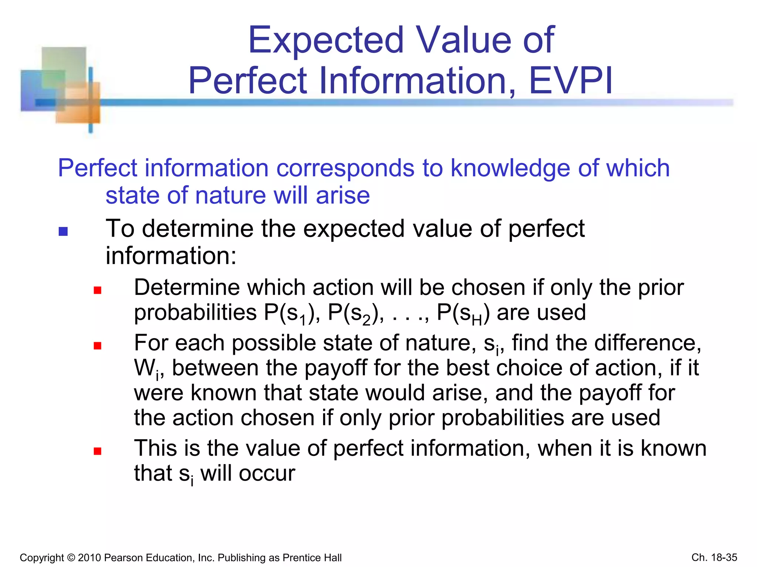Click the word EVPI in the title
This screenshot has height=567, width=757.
571,80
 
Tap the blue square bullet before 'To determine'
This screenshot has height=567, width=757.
63,231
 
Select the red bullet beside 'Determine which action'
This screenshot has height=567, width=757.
98,290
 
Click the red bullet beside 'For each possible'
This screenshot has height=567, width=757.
98,346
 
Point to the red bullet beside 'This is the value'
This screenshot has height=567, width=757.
98,451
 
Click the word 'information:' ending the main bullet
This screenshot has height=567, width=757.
171,256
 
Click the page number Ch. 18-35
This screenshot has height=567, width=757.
714,557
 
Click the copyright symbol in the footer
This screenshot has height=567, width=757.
71,557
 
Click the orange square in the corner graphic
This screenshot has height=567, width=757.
79,105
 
